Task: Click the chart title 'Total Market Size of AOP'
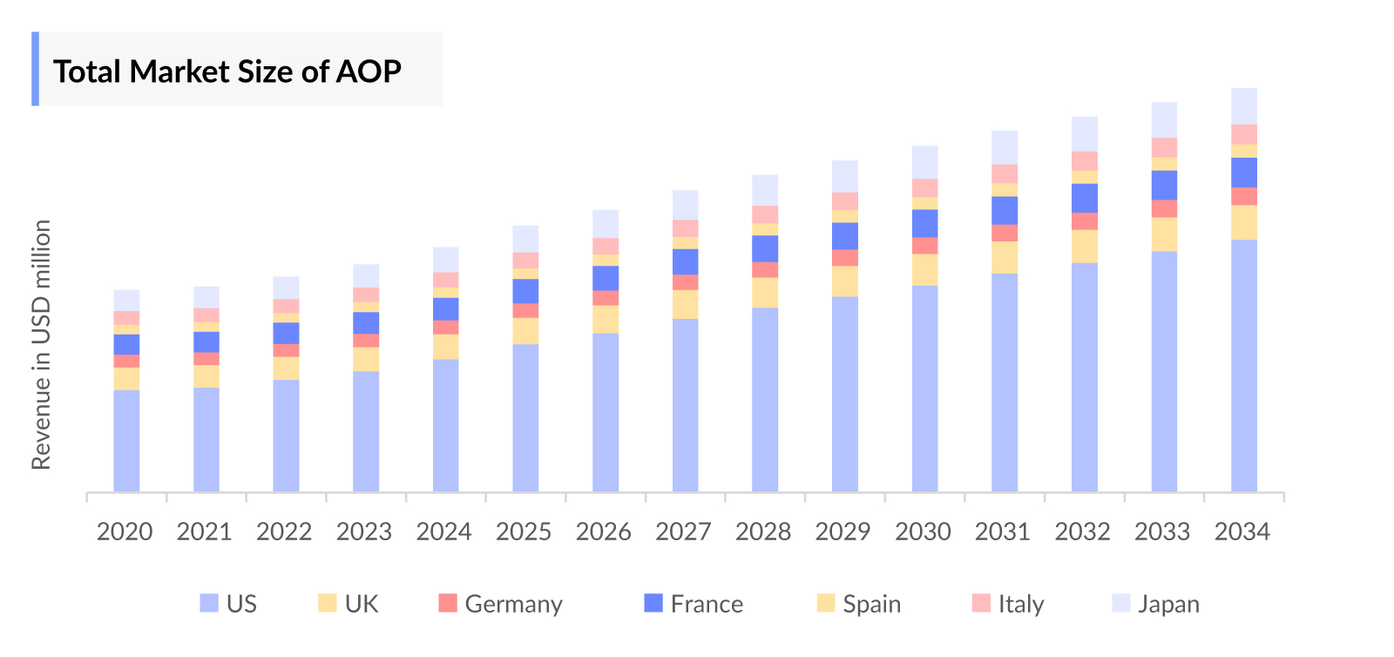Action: [x=227, y=71]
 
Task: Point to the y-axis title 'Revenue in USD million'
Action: [x=41, y=344]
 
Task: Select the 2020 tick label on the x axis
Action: [x=125, y=532]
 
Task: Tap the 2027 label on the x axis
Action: [x=684, y=532]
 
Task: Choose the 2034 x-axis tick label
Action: [x=1242, y=532]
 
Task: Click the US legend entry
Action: [x=228, y=604]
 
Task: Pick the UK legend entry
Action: [x=348, y=604]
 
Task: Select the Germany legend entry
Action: [x=501, y=604]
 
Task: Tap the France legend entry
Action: [x=694, y=604]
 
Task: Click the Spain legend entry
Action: [x=859, y=604]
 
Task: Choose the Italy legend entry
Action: [x=1008, y=604]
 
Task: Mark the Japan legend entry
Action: [x=1156, y=604]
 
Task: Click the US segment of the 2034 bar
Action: [x=1244, y=366]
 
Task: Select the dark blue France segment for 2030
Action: [x=925, y=224]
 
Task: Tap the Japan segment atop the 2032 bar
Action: [x=1085, y=134]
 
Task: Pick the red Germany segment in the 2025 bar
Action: [x=525, y=311]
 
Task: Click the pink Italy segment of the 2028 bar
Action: [x=765, y=215]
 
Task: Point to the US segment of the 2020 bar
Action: [x=126, y=440]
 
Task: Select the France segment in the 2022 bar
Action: [x=286, y=334]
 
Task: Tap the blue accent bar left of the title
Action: [x=35, y=69]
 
